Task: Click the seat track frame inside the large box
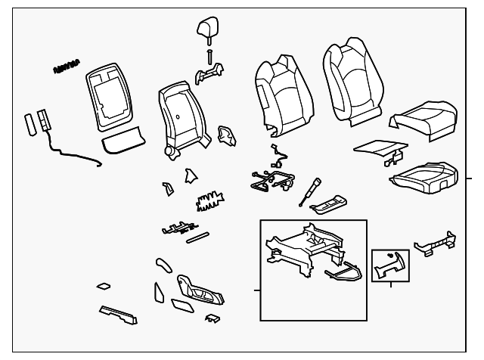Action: click(x=299, y=250)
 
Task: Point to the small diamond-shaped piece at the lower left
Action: click(x=104, y=287)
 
